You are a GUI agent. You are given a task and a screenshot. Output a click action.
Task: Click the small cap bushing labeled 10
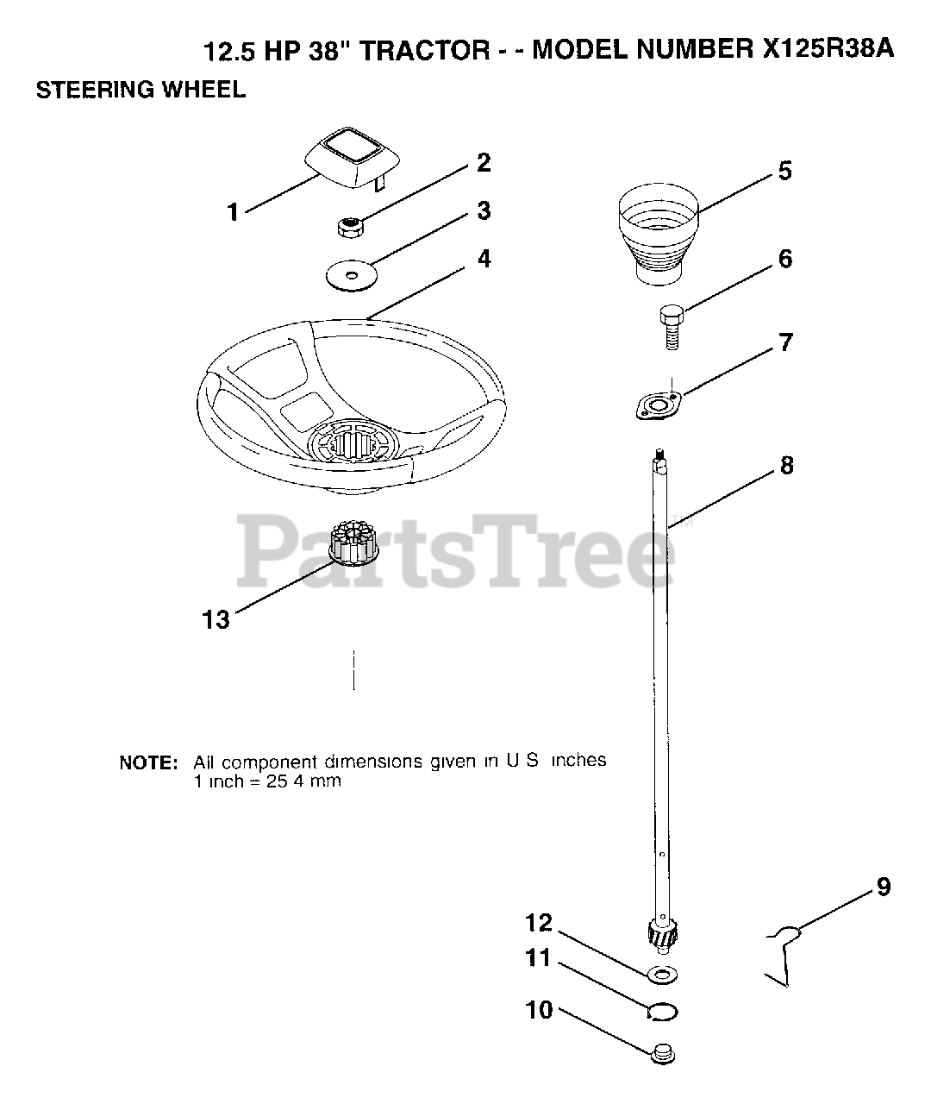coord(662,1051)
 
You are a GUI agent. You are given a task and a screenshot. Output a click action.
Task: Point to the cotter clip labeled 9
coord(783,953)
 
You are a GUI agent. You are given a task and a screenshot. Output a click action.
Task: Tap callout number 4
coord(484,258)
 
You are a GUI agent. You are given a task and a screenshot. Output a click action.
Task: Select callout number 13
coord(216,618)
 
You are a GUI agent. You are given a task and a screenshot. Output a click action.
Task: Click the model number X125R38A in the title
coord(828,49)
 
